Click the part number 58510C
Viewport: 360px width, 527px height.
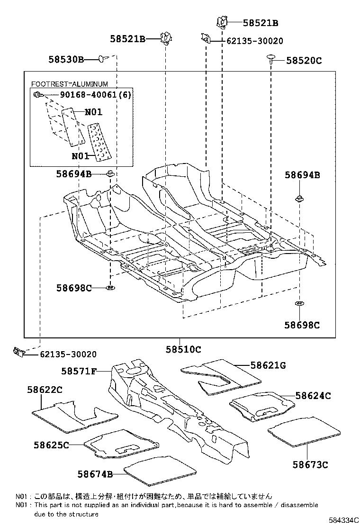pyautogui.click(x=183, y=350)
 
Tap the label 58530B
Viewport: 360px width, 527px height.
pyautogui.click(x=66, y=59)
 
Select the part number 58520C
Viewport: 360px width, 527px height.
pyautogui.click(x=305, y=61)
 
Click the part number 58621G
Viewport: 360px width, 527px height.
pyautogui.click(x=268, y=365)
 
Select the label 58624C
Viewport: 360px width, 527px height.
pyautogui.click(x=313, y=395)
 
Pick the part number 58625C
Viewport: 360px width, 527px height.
pyautogui.click(x=51, y=445)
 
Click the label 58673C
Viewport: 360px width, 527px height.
pyautogui.click(x=310, y=464)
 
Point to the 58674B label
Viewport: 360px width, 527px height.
pyautogui.click(x=95, y=474)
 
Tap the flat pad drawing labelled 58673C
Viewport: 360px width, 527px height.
pyautogui.click(x=304, y=431)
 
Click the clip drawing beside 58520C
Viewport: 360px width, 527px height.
pyautogui.click(x=271, y=58)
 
